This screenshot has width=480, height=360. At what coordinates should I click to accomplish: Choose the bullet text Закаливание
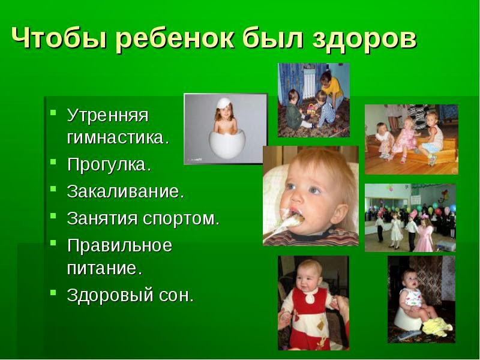click(x=125, y=192)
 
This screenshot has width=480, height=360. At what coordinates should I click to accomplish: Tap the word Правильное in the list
click(x=119, y=245)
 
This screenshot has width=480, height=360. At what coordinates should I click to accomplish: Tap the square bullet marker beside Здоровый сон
click(x=53, y=294)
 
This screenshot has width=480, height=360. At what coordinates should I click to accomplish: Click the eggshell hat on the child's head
click(x=225, y=103)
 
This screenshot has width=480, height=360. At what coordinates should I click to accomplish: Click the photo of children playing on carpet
click(x=313, y=100)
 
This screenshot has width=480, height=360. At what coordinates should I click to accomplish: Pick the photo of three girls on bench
click(x=411, y=139)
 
